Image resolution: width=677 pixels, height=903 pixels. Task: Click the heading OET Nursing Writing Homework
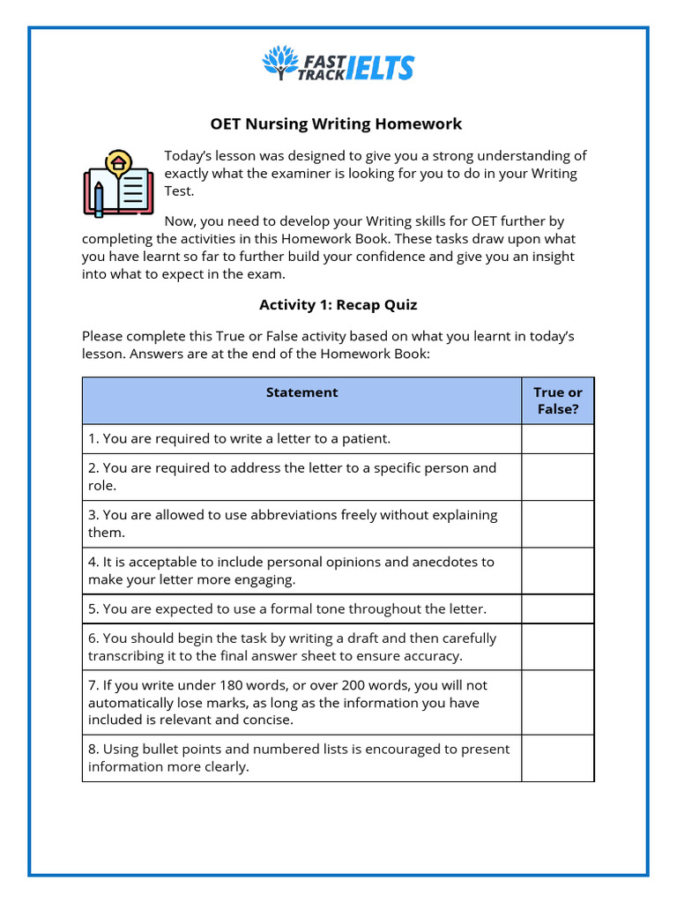[336, 123]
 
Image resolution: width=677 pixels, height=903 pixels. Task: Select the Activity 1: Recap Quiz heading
[338, 305]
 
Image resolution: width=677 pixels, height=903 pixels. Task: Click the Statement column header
[301, 392]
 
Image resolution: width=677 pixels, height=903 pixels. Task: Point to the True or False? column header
[557, 400]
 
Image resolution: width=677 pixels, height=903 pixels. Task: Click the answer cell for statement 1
[557, 438]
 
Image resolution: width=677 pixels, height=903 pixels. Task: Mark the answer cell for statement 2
[557, 477]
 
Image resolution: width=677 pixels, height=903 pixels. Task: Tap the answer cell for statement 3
[557, 524]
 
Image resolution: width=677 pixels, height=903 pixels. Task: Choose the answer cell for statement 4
[557, 571]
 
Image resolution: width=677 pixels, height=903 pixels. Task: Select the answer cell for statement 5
[557, 609]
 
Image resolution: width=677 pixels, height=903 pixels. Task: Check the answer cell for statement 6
[557, 647]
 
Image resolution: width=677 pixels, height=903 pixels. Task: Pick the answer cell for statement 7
[557, 703]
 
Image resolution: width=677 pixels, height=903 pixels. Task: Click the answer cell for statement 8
[557, 758]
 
